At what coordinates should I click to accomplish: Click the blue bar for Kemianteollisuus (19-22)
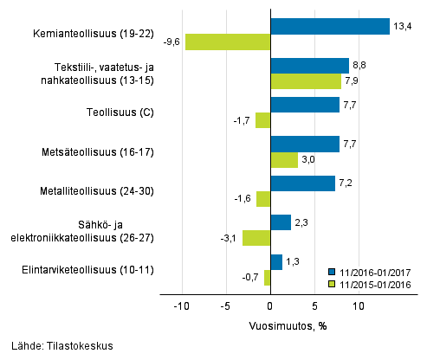330,26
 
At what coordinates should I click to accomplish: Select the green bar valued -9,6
228,42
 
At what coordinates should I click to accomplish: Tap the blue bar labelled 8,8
310,66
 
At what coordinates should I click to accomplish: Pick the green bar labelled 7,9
306,81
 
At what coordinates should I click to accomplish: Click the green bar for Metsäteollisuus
284,160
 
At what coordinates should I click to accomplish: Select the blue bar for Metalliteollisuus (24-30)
302,183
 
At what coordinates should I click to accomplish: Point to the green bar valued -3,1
256,238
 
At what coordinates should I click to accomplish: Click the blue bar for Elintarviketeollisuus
276,261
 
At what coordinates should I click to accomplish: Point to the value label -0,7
252,278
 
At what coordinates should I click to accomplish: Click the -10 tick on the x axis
182,305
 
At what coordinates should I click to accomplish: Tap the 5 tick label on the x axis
314,305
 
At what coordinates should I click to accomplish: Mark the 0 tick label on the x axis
270,305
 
